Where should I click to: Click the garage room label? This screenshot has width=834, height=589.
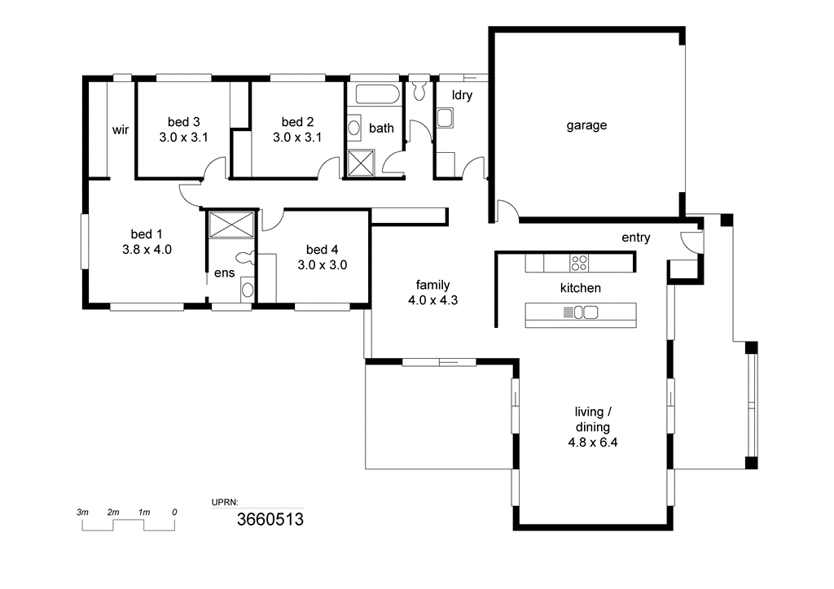coord(586,125)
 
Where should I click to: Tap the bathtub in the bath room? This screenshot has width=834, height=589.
coord(377,94)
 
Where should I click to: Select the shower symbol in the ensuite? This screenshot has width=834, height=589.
coord(231,225)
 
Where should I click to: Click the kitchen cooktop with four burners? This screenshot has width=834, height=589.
coord(579,263)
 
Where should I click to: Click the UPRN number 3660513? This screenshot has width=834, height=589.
coord(270,519)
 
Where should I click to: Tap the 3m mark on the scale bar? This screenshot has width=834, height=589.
coord(82,513)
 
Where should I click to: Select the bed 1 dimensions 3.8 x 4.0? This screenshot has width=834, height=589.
coord(147,250)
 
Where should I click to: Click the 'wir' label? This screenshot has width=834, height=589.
coord(121,129)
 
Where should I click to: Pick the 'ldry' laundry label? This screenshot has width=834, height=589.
coord(462,95)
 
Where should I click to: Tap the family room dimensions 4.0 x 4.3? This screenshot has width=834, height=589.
coord(433,300)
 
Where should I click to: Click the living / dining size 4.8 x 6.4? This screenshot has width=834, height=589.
coord(593,443)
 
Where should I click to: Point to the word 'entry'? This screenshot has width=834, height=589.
coord(635,238)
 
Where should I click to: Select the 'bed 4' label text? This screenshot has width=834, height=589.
coord(322,250)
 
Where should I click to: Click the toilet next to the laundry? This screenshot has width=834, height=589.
coord(419,90)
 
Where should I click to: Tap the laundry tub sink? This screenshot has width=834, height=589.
coord(445,118)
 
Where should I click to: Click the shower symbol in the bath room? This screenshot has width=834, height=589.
coord(361,163)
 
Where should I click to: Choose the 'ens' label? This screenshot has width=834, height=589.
coord(224,273)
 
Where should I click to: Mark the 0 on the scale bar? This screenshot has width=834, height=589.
coord(174,513)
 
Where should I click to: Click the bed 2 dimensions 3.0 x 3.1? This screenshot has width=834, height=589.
coord(297,137)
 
